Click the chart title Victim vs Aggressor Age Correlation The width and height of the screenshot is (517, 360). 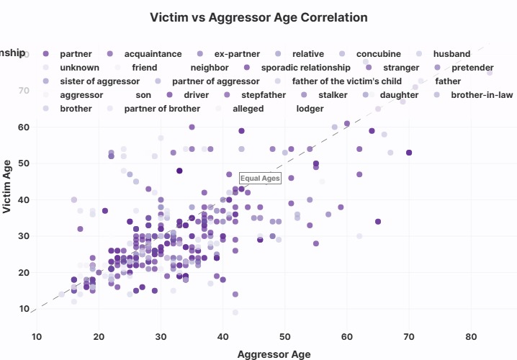(x=258, y=17)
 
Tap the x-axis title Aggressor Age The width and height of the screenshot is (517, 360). (x=274, y=354)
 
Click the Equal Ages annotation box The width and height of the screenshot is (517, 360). (x=259, y=179)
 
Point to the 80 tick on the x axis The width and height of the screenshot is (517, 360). (x=472, y=336)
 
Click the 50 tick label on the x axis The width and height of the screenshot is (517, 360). (x=285, y=336)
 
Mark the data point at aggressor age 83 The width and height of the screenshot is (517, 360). (x=490, y=73)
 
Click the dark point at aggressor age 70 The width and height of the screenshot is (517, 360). (x=409, y=153)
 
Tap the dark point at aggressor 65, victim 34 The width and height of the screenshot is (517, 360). (x=378, y=222)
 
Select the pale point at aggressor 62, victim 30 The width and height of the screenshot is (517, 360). (x=359, y=236)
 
